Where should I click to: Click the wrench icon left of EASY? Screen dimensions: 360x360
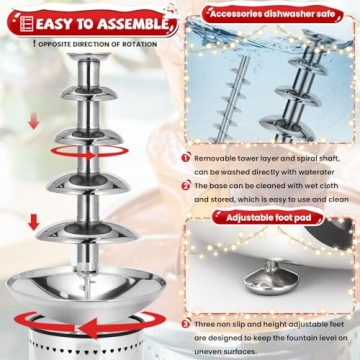pyautogui.click(x=17, y=19)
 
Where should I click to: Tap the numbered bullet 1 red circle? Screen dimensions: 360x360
pyautogui.click(x=187, y=157)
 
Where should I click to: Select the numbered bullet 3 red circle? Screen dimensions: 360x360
pyautogui.click(x=187, y=323)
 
